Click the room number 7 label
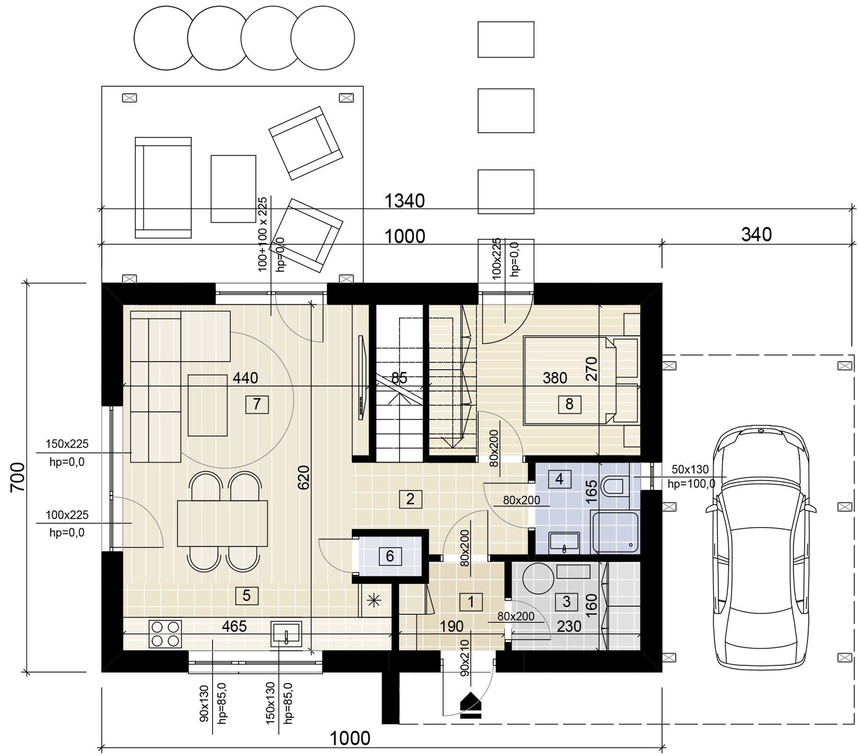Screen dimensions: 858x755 (x=257, y=404)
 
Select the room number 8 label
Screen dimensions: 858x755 (x=569, y=404)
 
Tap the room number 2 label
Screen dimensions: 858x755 (x=410, y=499)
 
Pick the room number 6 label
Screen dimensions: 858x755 (x=390, y=556)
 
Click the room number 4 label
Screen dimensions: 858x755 (x=559, y=479)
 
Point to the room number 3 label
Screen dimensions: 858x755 (x=566, y=601)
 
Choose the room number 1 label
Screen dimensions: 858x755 (x=471, y=601)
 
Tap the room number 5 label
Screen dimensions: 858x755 (x=247, y=595)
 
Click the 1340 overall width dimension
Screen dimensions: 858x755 (x=404, y=201)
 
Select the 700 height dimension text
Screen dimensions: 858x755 (x=18, y=477)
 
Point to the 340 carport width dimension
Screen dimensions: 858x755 (x=756, y=235)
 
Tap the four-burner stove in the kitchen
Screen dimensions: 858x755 (x=166, y=634)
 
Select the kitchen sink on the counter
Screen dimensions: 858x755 (x=286, y=635)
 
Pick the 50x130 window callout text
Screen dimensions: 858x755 (x=690, y=470)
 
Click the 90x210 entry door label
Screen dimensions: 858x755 (x=464, y=657)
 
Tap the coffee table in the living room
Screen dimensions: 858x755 (x=207, y=405)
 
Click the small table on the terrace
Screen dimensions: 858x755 (x=233, y=189)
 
